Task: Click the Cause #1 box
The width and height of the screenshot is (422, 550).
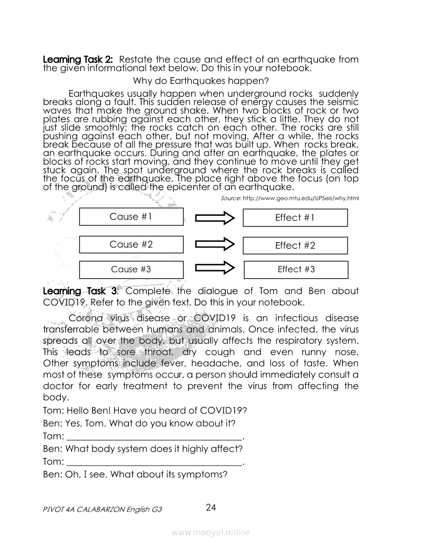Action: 131,217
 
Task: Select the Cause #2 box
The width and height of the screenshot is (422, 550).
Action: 131,245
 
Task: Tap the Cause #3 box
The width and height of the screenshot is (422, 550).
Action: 131,270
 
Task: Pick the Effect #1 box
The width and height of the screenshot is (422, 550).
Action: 295,218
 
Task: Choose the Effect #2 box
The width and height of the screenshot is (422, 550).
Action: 295,246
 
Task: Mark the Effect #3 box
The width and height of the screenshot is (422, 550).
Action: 296,270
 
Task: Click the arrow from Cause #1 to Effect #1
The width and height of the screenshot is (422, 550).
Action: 214,219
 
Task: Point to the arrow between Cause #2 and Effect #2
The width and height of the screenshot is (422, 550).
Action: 214,246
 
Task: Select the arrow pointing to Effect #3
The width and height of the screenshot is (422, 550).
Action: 214,269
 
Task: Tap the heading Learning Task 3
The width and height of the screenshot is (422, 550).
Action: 80,291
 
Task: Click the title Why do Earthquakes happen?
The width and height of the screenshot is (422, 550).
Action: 201,81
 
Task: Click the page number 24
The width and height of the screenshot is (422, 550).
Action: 211,508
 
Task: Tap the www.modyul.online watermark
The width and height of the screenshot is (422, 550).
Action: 211,533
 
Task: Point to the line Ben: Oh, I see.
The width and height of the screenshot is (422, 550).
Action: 135,474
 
